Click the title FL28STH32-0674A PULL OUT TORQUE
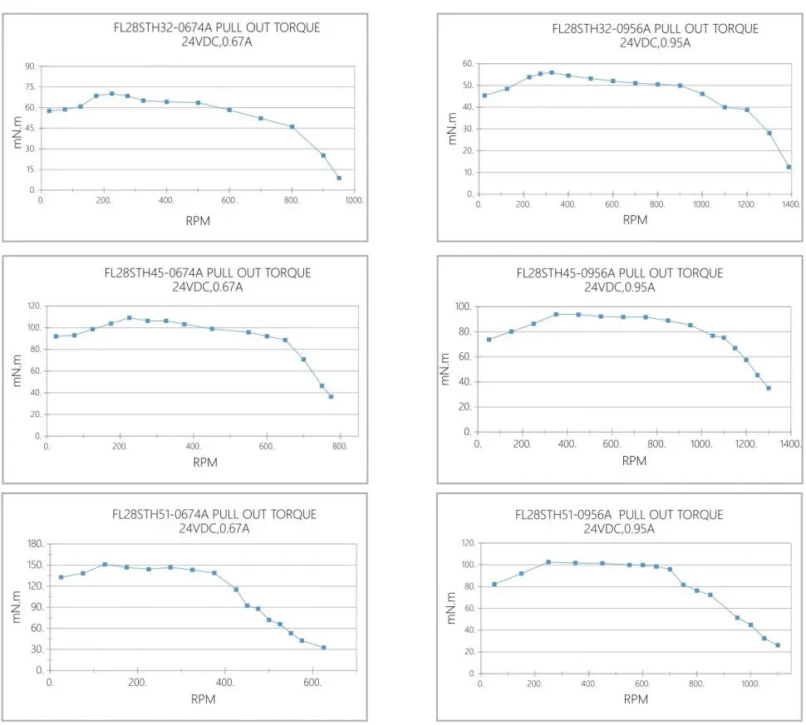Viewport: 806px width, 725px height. pos(216,27)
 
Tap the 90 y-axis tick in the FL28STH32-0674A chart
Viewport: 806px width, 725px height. pos(30,66)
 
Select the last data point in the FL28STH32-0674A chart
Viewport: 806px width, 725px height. pos(339,178)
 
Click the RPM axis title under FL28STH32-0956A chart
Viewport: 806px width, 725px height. pos(635,220)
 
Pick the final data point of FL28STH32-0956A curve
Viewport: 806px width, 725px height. pos(789,167)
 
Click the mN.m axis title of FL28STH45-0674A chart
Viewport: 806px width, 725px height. pos(17,370)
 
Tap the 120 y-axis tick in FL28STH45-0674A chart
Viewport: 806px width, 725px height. pos(34,306)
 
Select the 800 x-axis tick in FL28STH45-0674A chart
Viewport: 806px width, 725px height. pos(340,446)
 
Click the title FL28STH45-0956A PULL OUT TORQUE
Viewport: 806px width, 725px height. pos(619,273)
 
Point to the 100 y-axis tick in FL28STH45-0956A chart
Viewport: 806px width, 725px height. pos(463,307)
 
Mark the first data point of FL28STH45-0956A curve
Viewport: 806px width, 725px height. pos(489,339)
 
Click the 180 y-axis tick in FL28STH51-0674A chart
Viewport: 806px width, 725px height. pos(35,544)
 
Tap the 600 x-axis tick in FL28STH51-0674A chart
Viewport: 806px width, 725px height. pos(313,682)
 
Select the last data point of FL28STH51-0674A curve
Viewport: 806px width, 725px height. pos(323,648)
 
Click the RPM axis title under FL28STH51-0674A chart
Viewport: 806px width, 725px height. pos(203,699)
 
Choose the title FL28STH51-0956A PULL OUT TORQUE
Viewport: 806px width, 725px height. pos(619,515)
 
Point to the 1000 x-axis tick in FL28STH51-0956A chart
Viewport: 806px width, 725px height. pos(751,683)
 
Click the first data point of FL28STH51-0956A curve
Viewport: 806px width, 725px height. pos(494,584)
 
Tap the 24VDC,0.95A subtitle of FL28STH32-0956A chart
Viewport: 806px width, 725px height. pos(655,42)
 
